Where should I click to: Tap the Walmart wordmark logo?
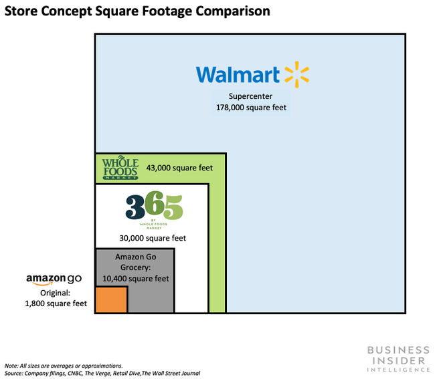[x=238, y=74]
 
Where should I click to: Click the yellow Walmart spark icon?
[x=297, y=75]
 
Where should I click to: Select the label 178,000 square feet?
[x=250, y=107]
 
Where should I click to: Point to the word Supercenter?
[x=250, y=96]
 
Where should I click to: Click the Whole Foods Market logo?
[x=119, y=168]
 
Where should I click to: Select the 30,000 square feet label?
[x=153, y=238]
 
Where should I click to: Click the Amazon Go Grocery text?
[x=135, y=262]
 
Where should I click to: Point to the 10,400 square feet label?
[x=136, y=279]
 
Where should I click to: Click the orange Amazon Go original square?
[x=111, y=299]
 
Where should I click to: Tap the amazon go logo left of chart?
[x=54, y=279]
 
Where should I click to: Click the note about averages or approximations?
[x=64, y=366]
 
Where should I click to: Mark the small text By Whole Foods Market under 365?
[x=153, y=226]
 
